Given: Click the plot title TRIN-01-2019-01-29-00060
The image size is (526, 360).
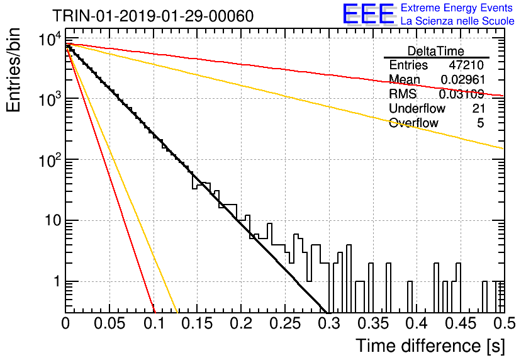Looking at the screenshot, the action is pyautogui.click(x=153, y=16).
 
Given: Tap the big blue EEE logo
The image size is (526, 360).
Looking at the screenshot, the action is pyautogui.click(x=368, y=14).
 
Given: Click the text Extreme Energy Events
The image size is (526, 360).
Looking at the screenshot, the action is pyautogui.click(x=457, y=8).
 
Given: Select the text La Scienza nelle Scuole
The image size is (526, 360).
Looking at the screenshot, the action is pyautogui.click(x=457, y=21).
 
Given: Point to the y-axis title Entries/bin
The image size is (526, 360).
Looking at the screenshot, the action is pyautogui.click(x=13, y=70).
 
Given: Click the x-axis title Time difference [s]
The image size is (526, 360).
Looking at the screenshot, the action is pyautogui.click(x=430, y=346).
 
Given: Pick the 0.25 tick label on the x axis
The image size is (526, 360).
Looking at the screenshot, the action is pyautogui.click(x=285, y=323).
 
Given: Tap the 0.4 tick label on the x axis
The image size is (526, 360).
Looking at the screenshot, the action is pyautogui.click(x=417, y=323).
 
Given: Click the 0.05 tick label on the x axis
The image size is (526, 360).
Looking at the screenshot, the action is pyautogui.click(x=109, y=323).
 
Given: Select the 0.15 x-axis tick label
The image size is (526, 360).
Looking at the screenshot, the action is pyautogui.click(x=198, y=323).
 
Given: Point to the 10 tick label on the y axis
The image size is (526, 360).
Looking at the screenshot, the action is pyautogui.click(x=53, y=221).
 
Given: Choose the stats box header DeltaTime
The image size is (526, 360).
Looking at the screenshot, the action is pyautogui.click(x=436, y=51).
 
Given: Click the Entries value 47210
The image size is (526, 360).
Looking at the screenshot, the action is pyautogui.click(x=467, y=65).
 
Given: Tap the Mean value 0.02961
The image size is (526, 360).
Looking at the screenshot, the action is pyautogui.click(x=463, y=79).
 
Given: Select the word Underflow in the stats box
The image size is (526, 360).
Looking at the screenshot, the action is pyautogui.click(x=417, y=108).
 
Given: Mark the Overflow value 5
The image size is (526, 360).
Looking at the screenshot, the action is pyautogui.click(x=480, y=123).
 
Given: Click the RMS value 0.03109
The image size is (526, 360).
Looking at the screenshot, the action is pyautogui.click(x=462, y=94).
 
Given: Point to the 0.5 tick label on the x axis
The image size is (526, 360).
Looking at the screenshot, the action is pyautogui.click(x=504, y=323).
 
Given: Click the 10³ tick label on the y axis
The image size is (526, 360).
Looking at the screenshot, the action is pyautogui.click(x=50, y=98).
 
